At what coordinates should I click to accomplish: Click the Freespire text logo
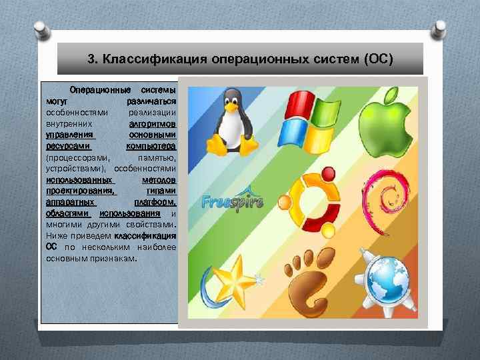[x=233, y=200]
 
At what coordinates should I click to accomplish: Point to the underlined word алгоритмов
[x=153, y=124]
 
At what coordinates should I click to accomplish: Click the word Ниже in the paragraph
[x=55, y=236]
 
